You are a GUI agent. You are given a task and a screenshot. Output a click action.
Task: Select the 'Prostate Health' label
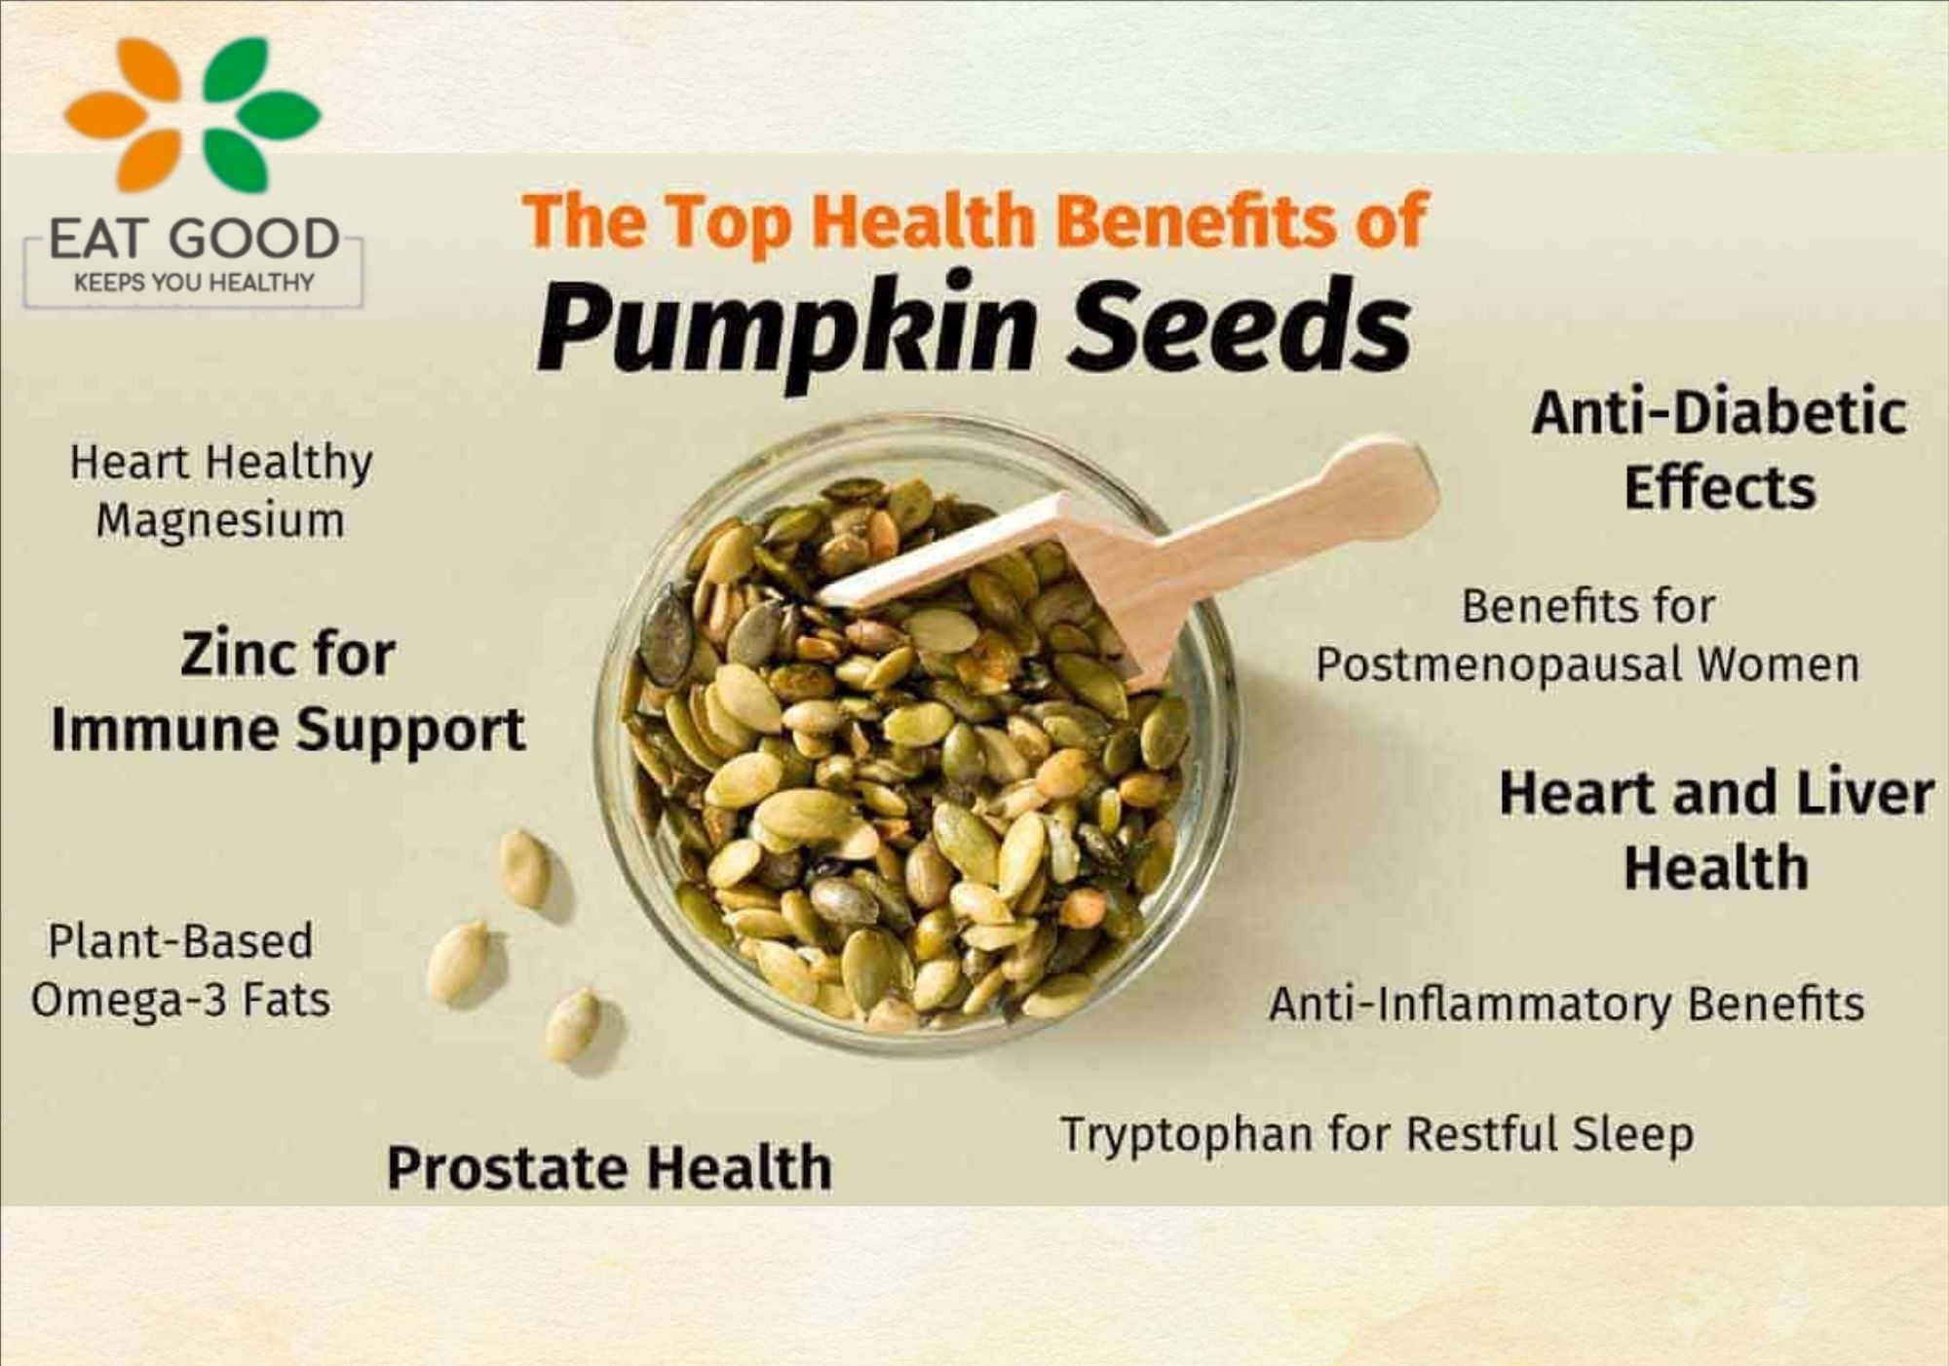coord(610,1167)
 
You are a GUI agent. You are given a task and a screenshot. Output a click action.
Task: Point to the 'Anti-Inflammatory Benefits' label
coord(1566,1004)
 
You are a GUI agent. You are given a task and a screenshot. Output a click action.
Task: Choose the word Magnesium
coord(220,520)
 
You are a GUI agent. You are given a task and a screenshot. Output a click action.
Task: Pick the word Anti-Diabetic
coord(1719,413)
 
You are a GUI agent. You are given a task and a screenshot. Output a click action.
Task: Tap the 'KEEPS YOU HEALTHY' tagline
coord(194,283)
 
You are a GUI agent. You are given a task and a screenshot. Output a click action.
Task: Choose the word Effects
coord(1720,487)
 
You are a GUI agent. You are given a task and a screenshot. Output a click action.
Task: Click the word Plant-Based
coord(180,941)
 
